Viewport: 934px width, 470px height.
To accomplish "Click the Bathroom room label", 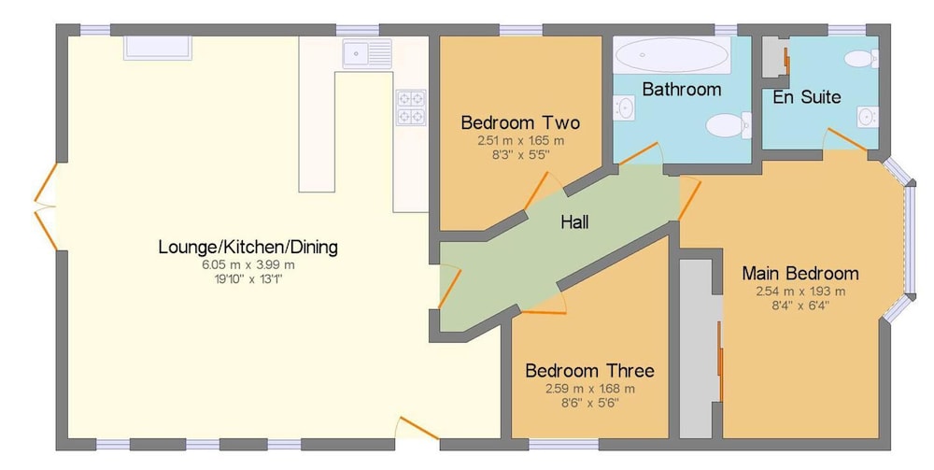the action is click(682, 90).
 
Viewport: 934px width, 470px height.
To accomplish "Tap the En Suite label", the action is click(807, 97).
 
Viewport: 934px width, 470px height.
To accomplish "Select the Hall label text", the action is click(574, 222).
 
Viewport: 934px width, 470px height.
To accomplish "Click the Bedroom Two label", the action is click(520, 123).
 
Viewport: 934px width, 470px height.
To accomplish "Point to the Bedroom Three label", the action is click(589, 371).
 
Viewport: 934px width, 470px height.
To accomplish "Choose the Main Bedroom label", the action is click(800, 274).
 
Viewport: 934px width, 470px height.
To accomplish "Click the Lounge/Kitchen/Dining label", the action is click(248, 247).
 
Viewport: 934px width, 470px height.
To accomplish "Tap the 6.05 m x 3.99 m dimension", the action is click(248, 265).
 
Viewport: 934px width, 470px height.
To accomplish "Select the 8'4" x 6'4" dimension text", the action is click(800, 306).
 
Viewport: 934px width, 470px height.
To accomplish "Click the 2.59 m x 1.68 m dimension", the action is click(589, 389).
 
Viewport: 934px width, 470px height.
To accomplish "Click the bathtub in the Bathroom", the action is click(672, 55).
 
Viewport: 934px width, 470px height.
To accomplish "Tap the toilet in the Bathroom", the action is click(729, 125).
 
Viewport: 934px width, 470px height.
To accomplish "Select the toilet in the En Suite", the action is click(861, 58).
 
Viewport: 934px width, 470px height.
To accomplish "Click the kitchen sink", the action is click(367, 53).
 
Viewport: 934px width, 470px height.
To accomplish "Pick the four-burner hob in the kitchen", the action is click(412, 107).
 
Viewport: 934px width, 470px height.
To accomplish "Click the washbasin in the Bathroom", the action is click(624, 107).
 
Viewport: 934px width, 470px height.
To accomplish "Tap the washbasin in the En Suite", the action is click(868, 117).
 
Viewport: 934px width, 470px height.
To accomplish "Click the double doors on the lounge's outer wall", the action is click(45, 207).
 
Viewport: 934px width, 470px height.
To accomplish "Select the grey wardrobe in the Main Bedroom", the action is click(701, 349).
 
